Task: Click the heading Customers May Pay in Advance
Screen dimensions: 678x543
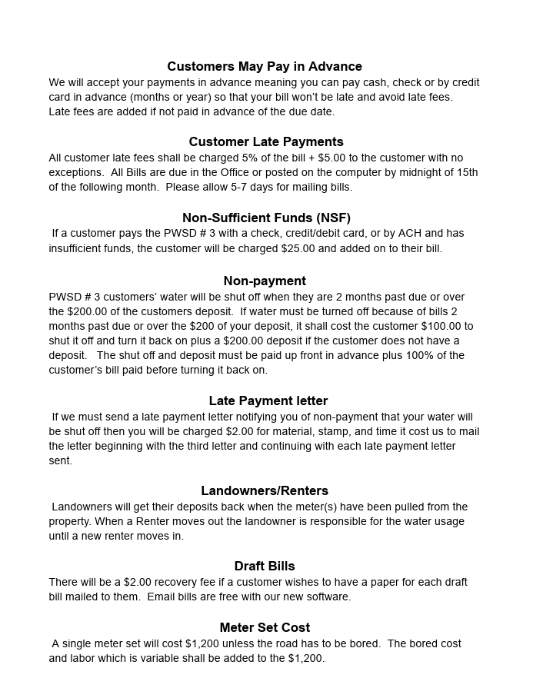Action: point(265,67)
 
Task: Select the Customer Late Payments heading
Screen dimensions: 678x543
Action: point(266,142)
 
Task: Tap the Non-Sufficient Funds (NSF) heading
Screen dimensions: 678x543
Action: point(266,218)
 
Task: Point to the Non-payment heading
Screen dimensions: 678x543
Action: point(265,281)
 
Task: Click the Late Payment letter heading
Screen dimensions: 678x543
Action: point(268,401)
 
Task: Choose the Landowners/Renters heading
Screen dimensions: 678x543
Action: point(265,491)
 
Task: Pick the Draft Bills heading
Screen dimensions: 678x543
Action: point(265,567)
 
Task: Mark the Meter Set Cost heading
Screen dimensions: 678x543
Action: point(265,628)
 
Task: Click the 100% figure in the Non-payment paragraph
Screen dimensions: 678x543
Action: point(427,356)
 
